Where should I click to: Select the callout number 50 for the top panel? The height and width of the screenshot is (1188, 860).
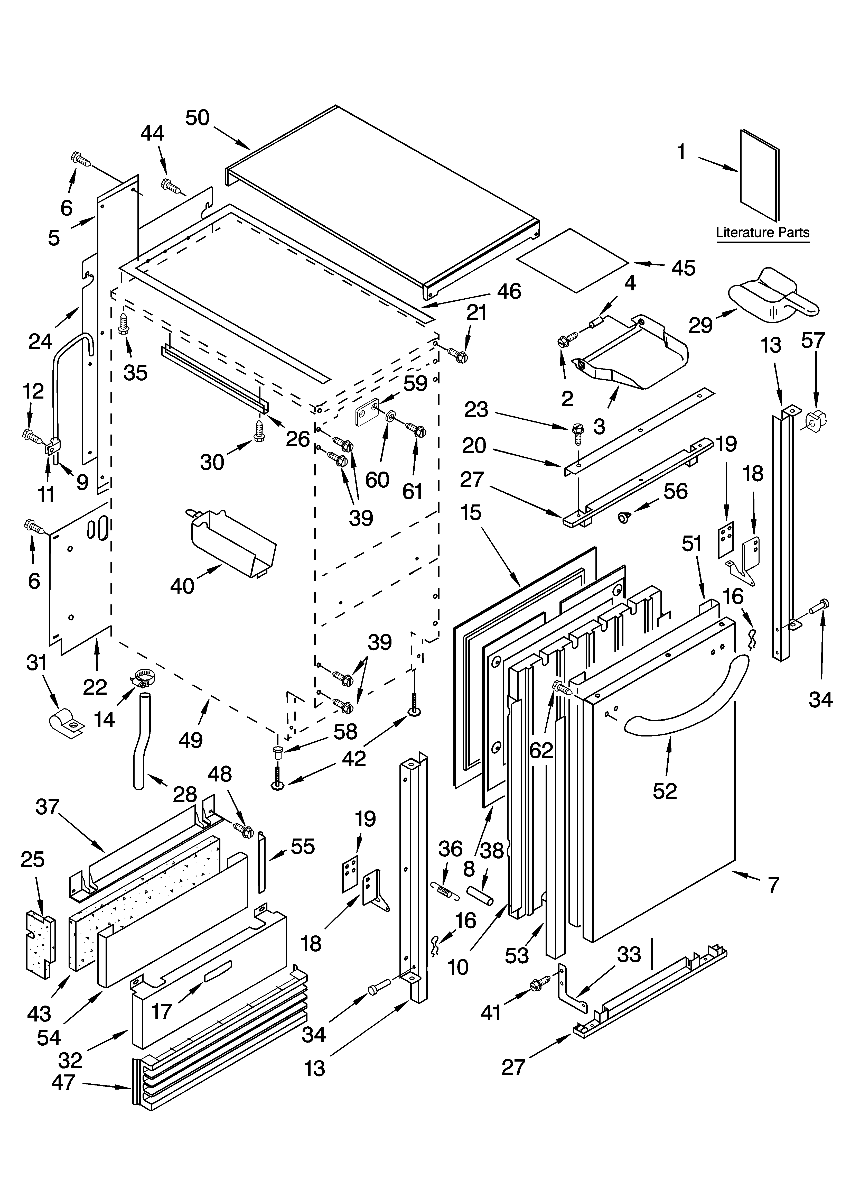coord(198,118)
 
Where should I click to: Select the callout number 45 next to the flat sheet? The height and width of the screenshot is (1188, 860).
coord(683,268)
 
